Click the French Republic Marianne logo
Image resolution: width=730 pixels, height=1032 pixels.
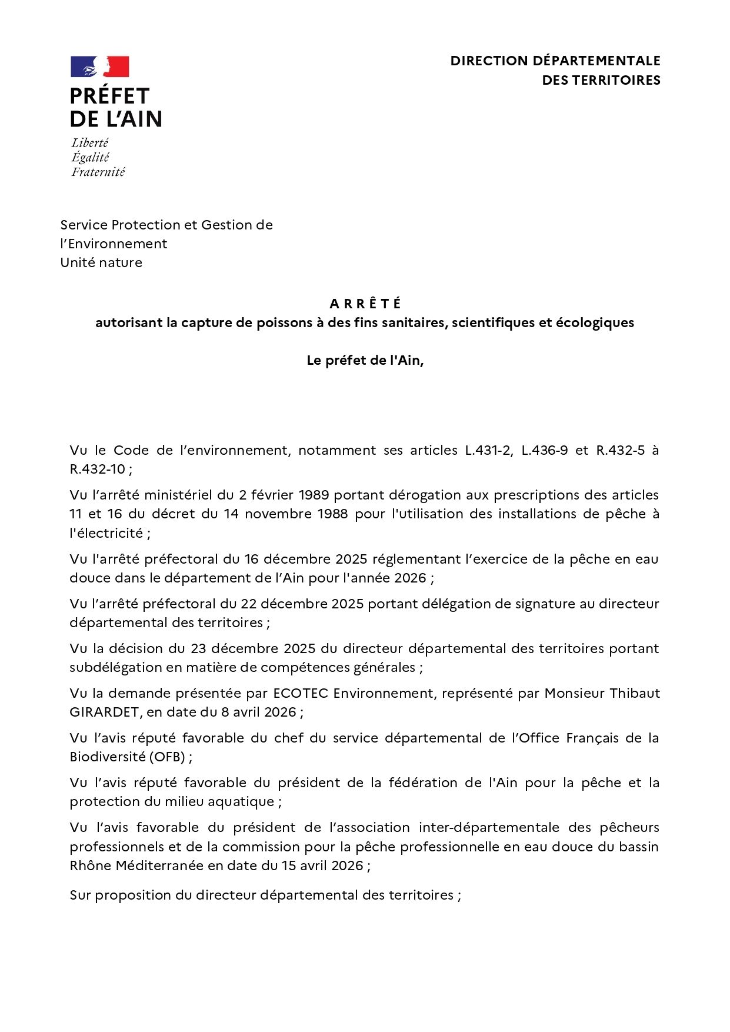(99, 67)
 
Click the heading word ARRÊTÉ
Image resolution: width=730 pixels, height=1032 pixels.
(365, 304)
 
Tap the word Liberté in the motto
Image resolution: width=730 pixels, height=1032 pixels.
(90, 143)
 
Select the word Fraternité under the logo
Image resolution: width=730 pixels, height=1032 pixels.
(98, 172)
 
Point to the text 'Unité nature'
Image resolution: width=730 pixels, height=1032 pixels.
(101, 262)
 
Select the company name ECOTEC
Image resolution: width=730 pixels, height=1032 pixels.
(301, 693)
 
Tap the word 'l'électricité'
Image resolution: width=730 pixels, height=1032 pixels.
(106, 533)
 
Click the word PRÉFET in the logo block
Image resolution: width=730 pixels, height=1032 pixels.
(109, 96)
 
